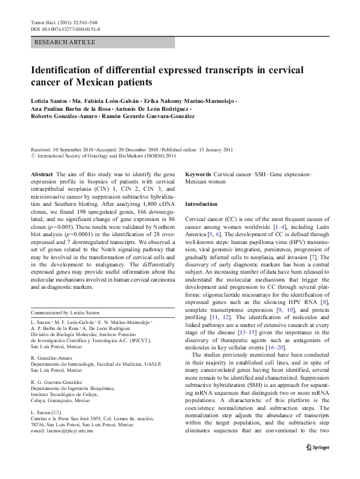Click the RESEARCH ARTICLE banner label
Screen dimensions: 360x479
pos(65,42)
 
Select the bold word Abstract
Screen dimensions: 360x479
pos(42,173)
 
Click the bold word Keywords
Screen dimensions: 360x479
pos(198,173)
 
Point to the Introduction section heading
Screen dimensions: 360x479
pos(204,204)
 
